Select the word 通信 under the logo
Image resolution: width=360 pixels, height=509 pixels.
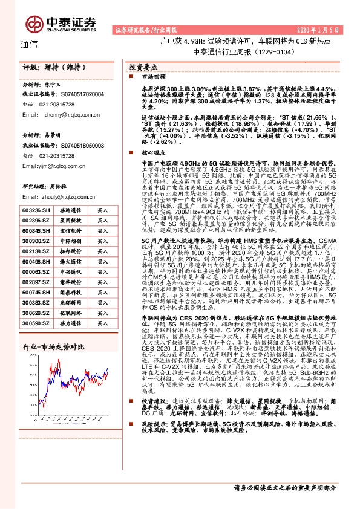click(x=29, y=44)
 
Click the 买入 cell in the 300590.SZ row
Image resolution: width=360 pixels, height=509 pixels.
click(x=103, y=324)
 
